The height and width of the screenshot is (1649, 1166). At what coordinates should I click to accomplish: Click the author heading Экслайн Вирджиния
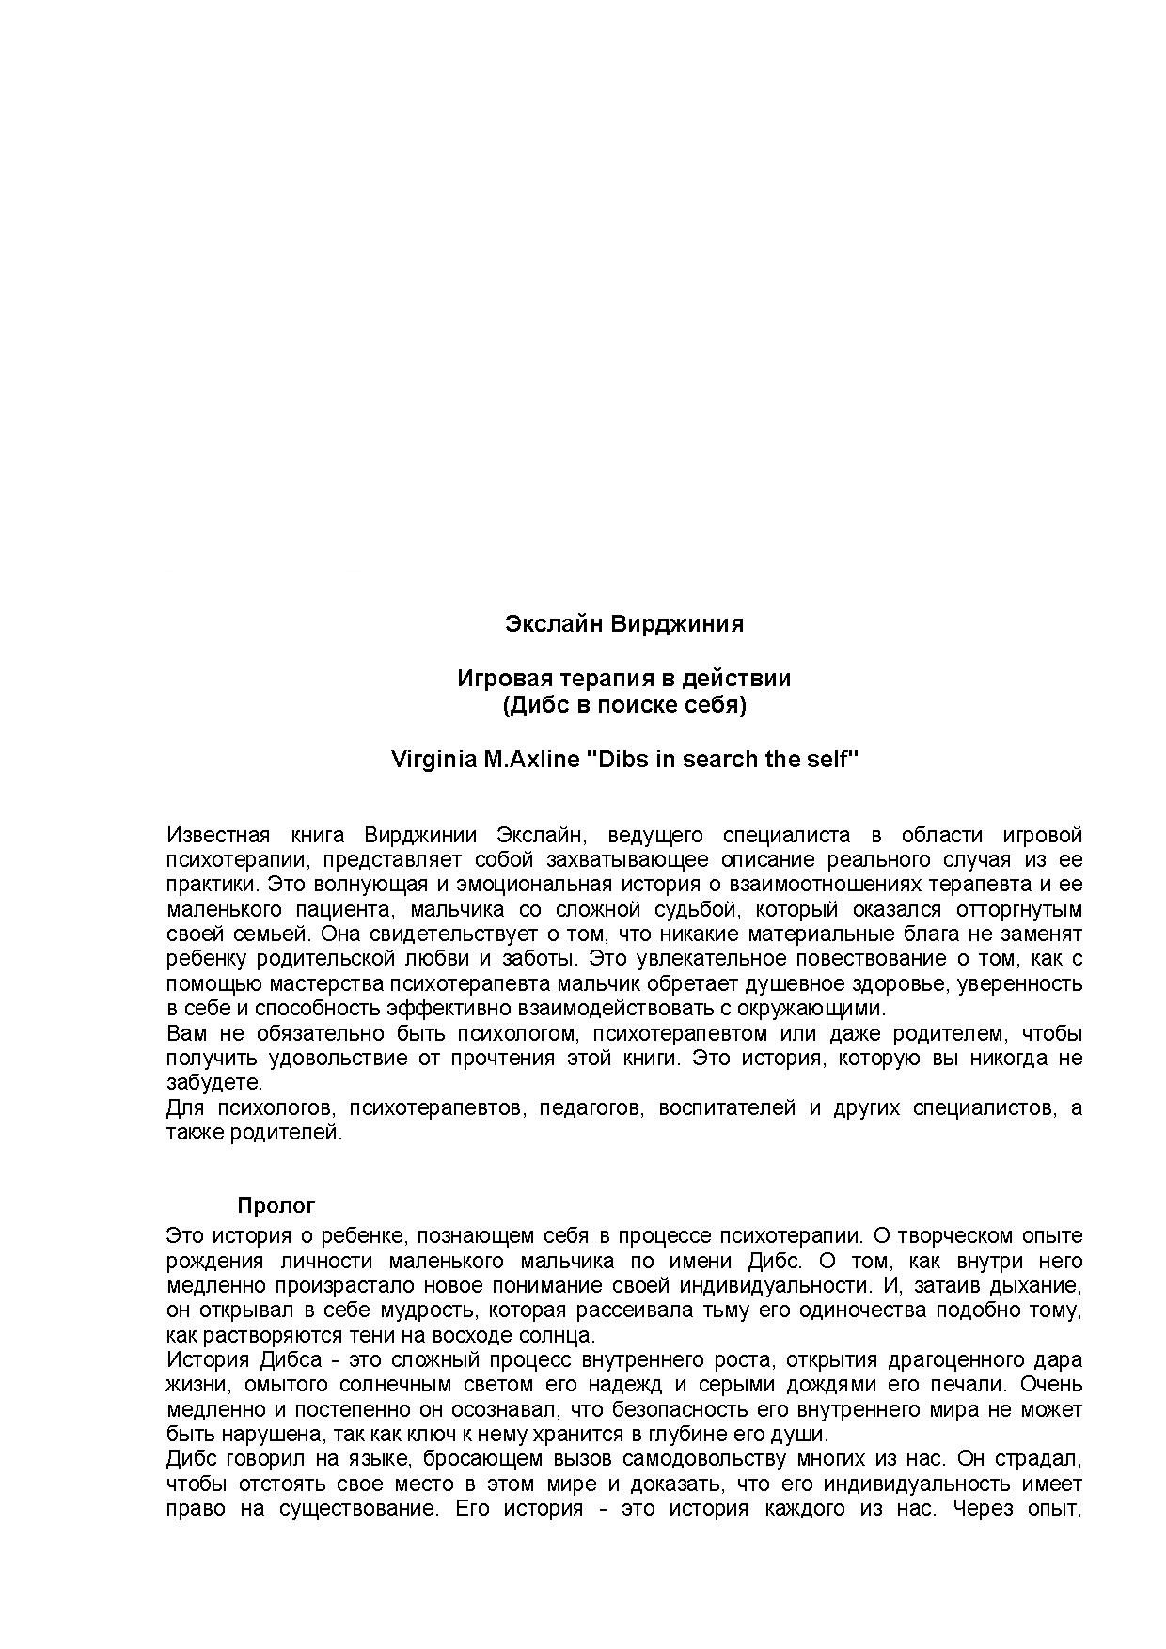624,624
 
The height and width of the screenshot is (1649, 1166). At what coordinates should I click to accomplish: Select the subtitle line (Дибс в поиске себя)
624,705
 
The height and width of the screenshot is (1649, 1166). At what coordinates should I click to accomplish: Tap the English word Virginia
433,759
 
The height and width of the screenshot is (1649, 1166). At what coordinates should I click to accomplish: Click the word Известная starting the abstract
218,835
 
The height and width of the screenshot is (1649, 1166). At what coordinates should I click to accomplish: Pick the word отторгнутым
1018,909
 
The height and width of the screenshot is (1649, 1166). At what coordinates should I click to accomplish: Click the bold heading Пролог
276,1205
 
